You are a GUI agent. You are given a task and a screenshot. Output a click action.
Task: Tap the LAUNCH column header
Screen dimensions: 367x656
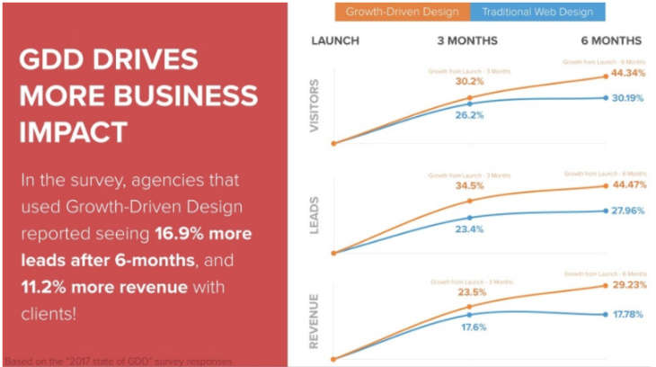pos(335,40)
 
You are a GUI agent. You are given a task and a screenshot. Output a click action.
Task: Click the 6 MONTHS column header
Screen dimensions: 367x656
pos(611,40)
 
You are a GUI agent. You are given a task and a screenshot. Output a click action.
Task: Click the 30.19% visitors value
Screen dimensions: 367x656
pos(626,98)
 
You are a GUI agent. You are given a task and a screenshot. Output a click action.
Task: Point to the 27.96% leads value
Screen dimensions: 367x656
pos(626,210)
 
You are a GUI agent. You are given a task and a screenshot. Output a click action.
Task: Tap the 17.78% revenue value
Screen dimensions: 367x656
pos(626,315)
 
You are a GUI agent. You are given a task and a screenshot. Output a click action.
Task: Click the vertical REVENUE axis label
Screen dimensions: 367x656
pos(315,320)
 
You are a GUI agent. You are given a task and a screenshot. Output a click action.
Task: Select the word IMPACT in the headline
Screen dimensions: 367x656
pos(73,131)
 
